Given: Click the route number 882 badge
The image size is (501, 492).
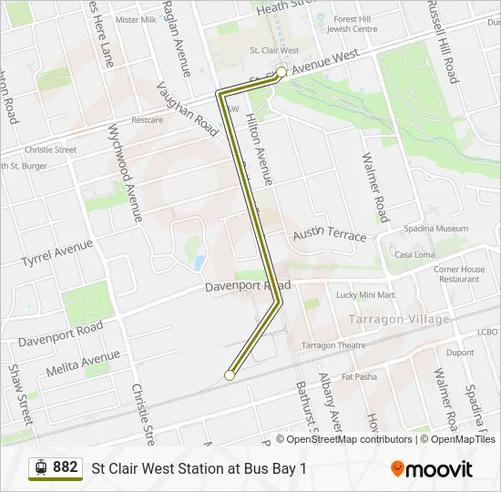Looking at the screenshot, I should (x=56, y=467).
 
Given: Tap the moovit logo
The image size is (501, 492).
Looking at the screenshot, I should (x=432, y=469).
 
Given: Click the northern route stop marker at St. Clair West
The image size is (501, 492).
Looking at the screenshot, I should (x=281, y=71).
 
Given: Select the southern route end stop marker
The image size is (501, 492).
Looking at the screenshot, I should (x=230, y=374).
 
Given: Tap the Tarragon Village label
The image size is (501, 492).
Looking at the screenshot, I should (x=399, y=320).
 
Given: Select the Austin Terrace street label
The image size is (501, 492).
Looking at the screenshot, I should (x=329, y=235).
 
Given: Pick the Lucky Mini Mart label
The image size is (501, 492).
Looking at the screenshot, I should (x=365, y=295).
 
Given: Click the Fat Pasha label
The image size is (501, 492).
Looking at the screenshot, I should (x=359, y=376).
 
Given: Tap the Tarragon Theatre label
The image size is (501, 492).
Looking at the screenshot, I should (x=333, y=345).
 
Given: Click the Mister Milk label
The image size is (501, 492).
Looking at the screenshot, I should (x=136, y=19).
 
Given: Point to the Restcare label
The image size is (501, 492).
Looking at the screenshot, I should (x=147, y=119).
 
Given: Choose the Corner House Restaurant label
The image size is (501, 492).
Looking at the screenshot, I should (x=459, y=274).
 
